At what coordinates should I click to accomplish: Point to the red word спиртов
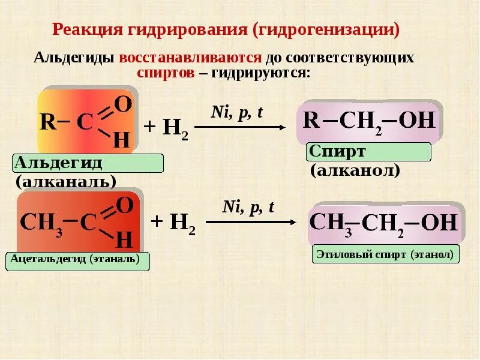point(166,73)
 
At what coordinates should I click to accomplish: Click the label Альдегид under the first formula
point(58,163)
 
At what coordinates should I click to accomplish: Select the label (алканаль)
point(66,181)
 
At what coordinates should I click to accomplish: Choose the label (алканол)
point(355,170)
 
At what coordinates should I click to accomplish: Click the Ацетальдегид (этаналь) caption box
point(77,260)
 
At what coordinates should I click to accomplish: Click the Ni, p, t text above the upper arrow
point(237,112)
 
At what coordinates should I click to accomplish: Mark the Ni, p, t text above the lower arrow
point(248,208)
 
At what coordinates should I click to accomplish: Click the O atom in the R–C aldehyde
point(122,104)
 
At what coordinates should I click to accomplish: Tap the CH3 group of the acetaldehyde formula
point(41,223)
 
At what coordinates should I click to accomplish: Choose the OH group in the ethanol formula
point(439,223)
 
